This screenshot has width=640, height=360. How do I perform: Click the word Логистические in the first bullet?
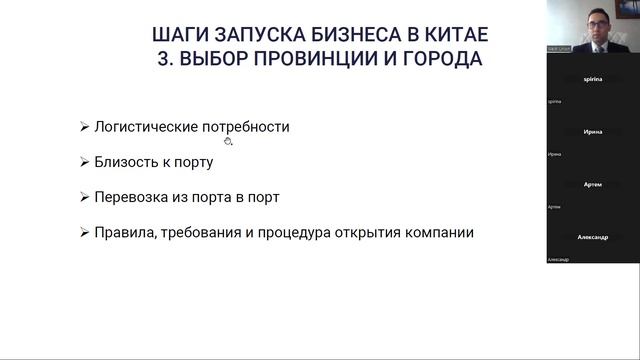pyautogui.click(x=144, y=127)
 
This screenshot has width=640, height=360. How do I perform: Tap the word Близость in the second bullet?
pyautogui.click(x=124, y=162)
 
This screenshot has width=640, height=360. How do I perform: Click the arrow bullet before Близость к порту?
pyautogui.click(x=83, y=162)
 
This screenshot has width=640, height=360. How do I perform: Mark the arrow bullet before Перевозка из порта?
pyautogui.click(x=83, y=197)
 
